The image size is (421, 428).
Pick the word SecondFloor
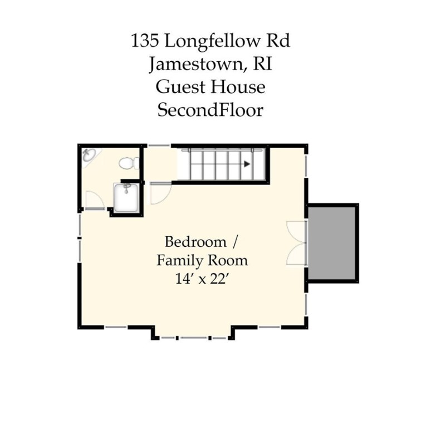coord(210,110)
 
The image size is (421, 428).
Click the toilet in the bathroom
coord(127,163)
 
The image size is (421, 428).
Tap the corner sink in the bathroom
coord(89,155)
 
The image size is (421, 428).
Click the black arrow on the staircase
coord(246,164)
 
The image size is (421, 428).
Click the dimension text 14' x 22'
coord(202,279)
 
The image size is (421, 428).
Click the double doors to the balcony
coord(296,243)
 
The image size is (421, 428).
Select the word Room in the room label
coord(228,260)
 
